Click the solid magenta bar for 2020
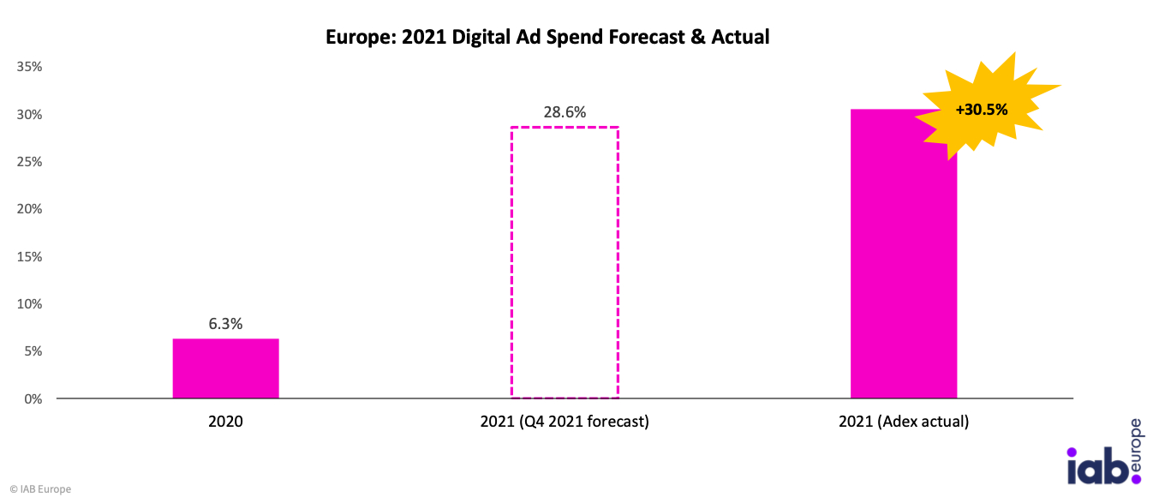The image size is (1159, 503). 225,368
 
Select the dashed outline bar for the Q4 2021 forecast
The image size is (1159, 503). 565,263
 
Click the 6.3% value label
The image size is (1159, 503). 225,324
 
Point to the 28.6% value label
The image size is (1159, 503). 565,112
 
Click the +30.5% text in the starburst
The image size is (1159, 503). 982,110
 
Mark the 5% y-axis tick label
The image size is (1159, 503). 33,351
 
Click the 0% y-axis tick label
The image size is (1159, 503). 33,399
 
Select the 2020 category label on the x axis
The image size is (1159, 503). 225,422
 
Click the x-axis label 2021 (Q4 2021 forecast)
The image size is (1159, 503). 565,422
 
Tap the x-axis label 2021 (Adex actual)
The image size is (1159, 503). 904,422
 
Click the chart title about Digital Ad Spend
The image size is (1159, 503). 547,37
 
